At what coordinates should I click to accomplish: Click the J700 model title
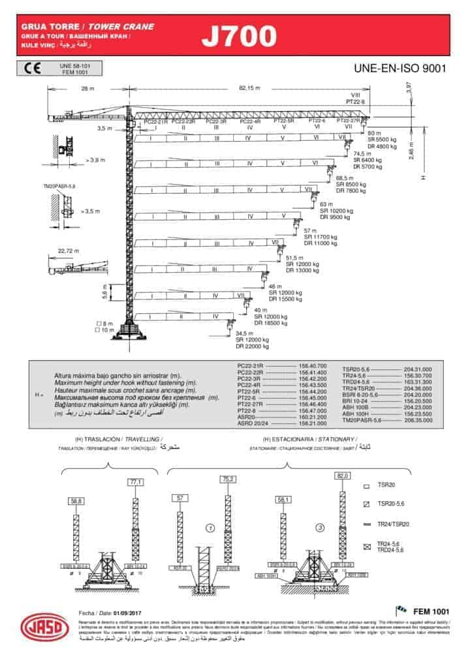coord(238,37)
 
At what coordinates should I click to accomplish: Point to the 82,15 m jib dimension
coord(249,88)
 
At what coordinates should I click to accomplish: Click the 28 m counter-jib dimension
coord(87,88)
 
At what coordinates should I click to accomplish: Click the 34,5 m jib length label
coord(244,333)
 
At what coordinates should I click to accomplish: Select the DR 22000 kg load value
coord(253,346)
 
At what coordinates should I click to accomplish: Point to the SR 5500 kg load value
coord(382,140)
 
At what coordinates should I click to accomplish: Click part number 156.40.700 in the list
coord(312,367)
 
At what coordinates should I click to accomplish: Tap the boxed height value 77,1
coord(136,482)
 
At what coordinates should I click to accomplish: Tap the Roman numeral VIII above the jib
coord(355,95)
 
